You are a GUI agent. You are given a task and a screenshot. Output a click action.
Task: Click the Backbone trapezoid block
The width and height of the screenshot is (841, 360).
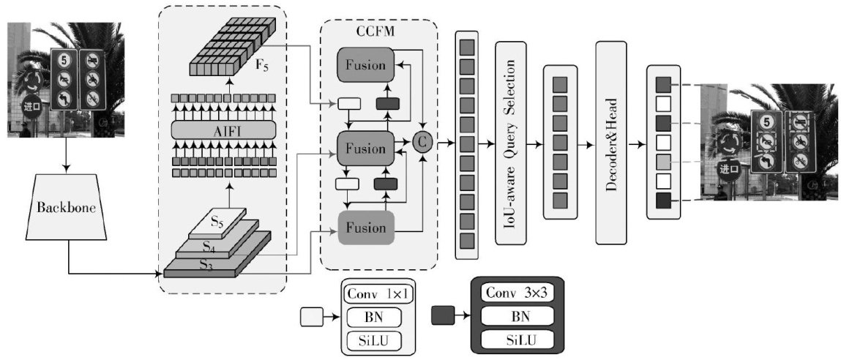pos(68,210)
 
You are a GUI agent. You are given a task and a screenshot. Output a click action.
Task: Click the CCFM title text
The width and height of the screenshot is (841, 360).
pos(378,31)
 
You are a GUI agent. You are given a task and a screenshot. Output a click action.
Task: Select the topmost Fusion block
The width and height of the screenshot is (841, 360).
pos(365,65)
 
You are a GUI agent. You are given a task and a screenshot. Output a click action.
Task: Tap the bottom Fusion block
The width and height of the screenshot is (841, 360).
pos(365,227)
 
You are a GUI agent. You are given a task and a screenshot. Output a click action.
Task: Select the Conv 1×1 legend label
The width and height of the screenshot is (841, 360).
pos(377,293)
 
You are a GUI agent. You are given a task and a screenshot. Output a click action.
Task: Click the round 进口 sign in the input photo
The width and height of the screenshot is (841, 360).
pos(32,105)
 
